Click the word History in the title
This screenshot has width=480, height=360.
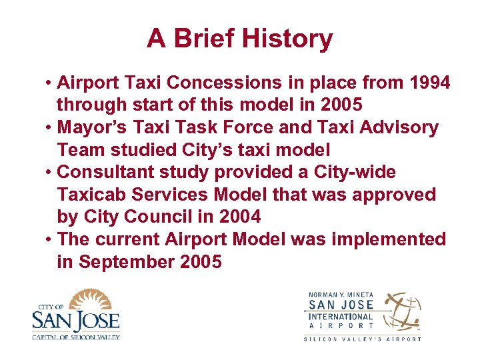pyautogui.click(x=287, y=39)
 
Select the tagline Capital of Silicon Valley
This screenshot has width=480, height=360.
pyautogui.click(x=75, y=337)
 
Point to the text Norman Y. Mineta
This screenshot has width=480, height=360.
pyautogui.click(x=339, y=295)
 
